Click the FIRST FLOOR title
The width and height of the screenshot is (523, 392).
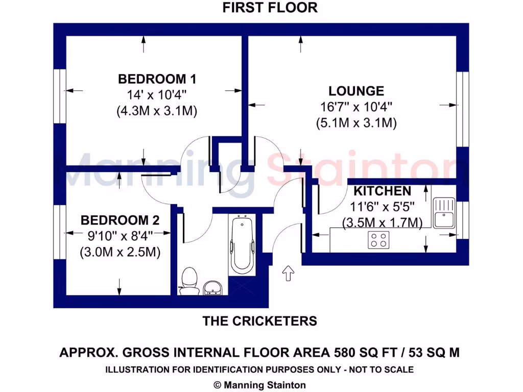click(270, 8)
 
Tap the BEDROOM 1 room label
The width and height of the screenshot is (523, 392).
click(157, 79)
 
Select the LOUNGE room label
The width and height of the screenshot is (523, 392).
click(356, 91)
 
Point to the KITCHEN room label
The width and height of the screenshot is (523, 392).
click(383, 191)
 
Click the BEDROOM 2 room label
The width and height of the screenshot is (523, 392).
click(120, 220)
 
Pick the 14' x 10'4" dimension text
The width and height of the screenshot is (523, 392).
click(157, 95)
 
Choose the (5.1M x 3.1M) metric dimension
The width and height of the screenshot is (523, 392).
click(356, 123)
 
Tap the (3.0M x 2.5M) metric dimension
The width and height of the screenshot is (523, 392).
click(120, 252)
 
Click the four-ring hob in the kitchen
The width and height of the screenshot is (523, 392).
click(378, 240)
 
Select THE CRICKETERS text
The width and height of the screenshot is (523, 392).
click(260, 321)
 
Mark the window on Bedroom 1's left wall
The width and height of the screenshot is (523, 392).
click(60, 95)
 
